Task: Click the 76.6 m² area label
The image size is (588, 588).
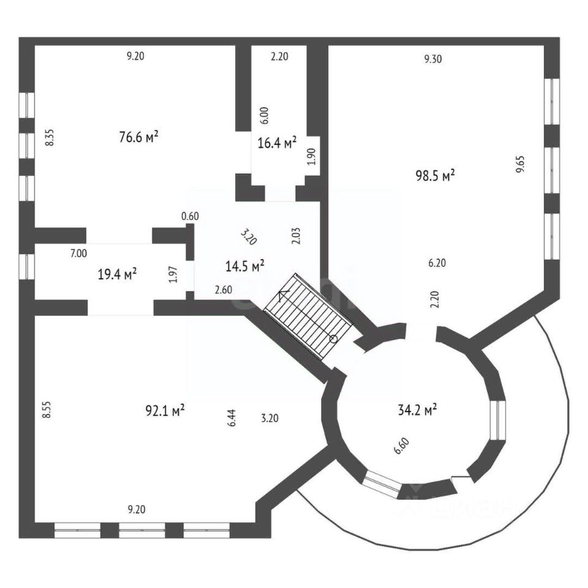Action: click(x=138, y=137)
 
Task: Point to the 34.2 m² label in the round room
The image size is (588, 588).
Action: click(x=417, y=410)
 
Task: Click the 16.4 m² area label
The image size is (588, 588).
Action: click(x=277, y=143)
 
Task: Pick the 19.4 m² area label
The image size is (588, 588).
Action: click(x=117, y=273)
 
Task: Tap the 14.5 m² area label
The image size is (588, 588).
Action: click(x=245, y=266)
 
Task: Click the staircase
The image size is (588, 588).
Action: click(x=308, y=315)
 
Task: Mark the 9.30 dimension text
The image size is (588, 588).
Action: click(x=433, y=59)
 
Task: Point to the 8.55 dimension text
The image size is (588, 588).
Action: click(x=45, y=409)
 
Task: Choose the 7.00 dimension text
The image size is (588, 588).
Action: click(x=78, y=253)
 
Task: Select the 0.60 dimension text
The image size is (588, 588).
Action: click(x=190, y=216)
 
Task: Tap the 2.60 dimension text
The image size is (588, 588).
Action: click(x=223, y=290)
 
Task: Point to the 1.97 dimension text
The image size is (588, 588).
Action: click(x=173, y=273)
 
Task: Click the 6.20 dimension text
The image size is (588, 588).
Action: click(x=437, y=263)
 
